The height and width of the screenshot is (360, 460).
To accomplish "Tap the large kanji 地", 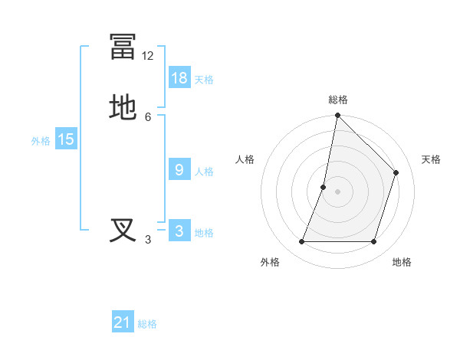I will (x=123, y=108).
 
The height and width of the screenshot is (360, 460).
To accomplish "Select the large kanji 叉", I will (x=123, y=231).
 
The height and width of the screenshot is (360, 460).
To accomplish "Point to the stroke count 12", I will (x=147, y=56).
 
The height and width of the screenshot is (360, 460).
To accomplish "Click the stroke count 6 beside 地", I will (x=148, y=116).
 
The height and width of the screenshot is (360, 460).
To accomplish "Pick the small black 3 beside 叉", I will (x=148, y=240).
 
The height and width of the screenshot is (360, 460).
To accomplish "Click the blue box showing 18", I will (x=179, y=77).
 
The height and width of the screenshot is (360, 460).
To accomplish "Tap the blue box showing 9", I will (x=179, y=170).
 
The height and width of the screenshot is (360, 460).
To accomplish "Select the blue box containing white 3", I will (x=179, y=231).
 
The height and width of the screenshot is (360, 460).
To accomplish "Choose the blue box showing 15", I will (x=66, y=139).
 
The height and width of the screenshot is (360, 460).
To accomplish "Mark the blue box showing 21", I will (x=123, y=322).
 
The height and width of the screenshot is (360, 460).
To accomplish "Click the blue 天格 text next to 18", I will (x=204, y=79).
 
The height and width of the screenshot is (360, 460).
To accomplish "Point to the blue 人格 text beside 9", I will (x=204, y=172).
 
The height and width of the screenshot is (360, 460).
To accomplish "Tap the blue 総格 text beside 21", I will (x=147, y=324).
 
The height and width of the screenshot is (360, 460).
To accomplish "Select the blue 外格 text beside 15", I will (x=41, y=141).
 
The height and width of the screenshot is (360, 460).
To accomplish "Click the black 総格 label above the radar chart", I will (x=337, y=100).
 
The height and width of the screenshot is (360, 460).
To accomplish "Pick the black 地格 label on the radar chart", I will (x=402, y=262).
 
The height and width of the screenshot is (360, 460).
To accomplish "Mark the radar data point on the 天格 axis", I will (x=396, y=172).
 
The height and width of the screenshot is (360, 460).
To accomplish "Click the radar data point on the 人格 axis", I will (x=324, y=187).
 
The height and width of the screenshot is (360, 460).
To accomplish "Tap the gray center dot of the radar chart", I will (x=337, y=191).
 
